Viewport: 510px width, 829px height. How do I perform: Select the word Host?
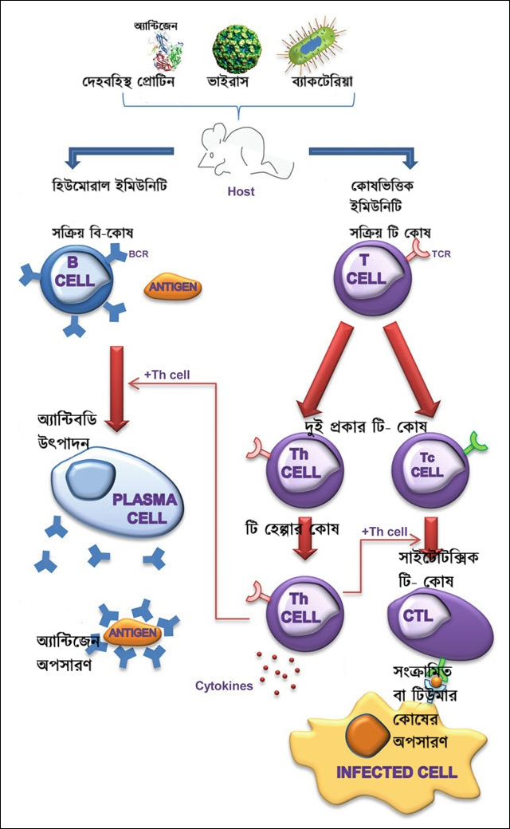pyautogui.click(x=241, y=191)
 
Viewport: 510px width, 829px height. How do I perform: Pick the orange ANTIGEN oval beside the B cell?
pyautogui.click(x=172, y=288)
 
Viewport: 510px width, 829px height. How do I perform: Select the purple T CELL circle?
pyautogui.click(x=367, y=277)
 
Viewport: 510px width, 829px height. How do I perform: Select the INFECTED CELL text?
pyautogui.click(x=396, y=772)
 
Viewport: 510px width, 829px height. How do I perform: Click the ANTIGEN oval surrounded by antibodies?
pyautogui.click(x=131, y=632)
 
